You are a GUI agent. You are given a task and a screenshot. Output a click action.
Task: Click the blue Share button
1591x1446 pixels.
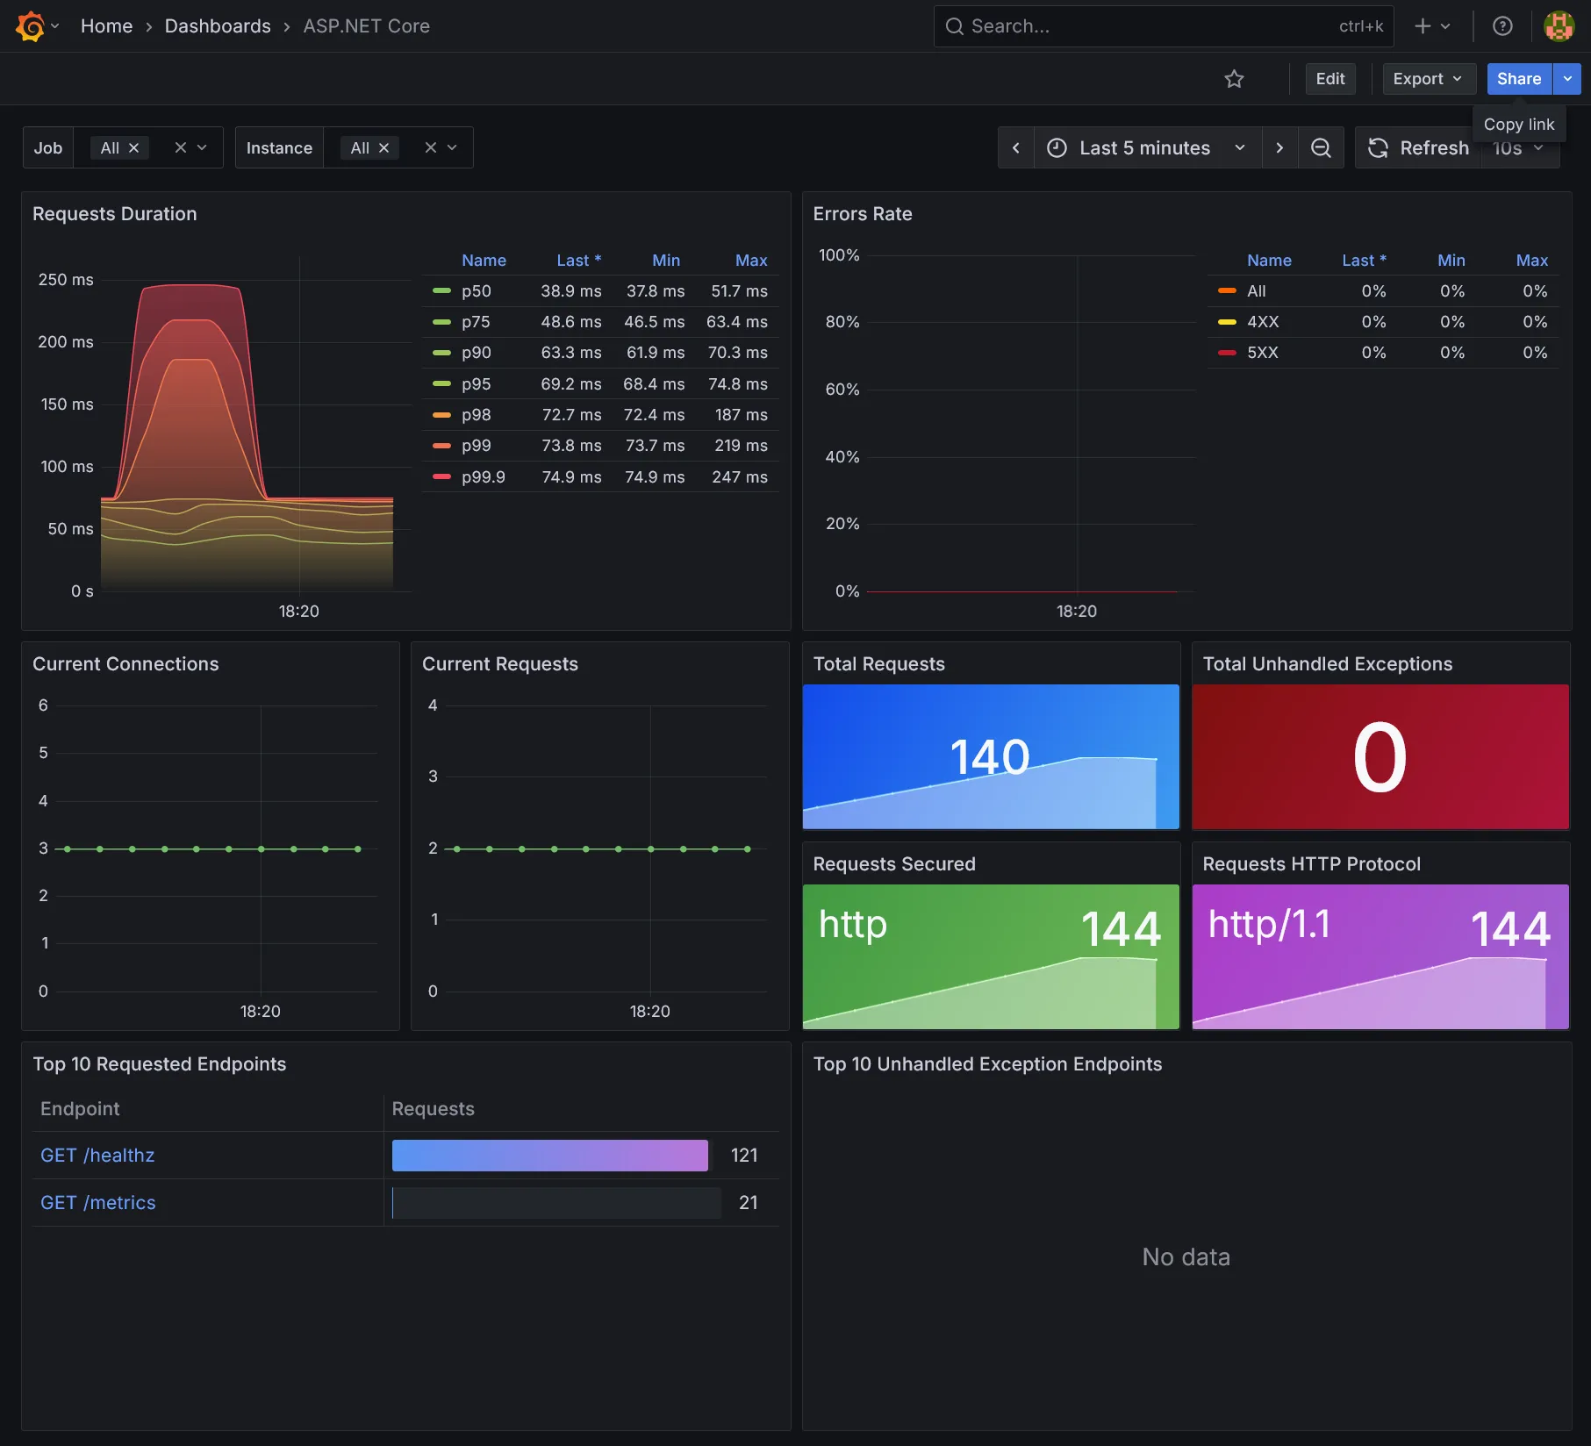(x=1518, y=79)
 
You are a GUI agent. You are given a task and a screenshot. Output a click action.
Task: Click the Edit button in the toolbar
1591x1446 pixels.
(x=1329, y=79)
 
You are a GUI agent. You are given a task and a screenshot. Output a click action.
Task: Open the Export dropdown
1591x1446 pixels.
(x=1427, y=79)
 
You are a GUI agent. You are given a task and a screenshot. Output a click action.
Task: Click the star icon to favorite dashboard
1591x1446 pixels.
(x=1234, y=79)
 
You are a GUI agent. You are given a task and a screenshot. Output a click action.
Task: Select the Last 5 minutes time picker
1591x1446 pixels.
(x=1144, y=147)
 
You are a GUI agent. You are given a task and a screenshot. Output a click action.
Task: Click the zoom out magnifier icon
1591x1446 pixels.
(x=1320, y=147)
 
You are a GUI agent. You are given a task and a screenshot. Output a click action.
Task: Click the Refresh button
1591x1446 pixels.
(x=1418, y=147)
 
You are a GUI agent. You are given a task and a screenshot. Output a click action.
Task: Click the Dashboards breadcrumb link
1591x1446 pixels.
(x=218, y=26)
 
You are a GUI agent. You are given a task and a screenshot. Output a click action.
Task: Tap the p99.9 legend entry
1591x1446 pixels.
(x=483, y=477)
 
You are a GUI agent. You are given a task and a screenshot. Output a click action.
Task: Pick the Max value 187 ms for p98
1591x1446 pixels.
(x=741, y=415)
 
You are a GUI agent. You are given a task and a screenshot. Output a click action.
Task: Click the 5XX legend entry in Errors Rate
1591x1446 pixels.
(x=1262, y=353)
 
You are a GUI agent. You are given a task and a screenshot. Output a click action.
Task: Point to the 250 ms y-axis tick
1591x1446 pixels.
(x=66, y=280)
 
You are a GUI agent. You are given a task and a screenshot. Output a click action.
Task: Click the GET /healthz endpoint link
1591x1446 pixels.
(x=97, y=1156)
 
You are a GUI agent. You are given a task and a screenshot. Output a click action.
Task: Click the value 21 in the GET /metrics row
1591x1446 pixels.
(x=748, y=1203)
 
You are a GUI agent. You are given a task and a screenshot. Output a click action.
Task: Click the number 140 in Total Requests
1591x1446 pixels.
(x=989, y=756)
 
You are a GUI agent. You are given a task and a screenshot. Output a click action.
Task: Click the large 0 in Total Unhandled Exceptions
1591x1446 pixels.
(x=1380, y=756)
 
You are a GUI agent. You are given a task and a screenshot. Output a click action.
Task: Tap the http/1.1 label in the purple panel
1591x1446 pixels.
(x=1269, y=924)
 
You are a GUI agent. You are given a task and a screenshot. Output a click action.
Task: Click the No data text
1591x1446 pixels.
(x=1186, y=1257)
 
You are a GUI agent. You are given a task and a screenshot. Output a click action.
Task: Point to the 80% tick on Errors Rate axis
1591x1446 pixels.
(x=842, y=322)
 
